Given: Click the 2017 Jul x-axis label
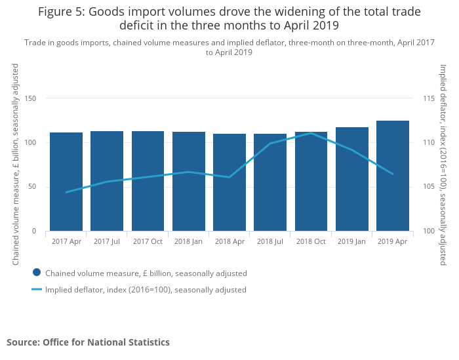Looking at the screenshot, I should point(107,241).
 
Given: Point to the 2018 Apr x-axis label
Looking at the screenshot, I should point(229,241).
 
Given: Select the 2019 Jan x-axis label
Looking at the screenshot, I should point(352,241).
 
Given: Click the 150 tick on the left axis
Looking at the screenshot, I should point(30,98).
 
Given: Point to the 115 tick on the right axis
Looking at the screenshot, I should point(429,98).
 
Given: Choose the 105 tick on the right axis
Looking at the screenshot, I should point(429,187).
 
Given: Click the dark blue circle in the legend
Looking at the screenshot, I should point(37,273).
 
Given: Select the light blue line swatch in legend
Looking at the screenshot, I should point(37,289).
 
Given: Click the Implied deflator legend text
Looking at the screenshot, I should point(146,290).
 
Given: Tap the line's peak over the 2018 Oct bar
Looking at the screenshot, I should point(311,133).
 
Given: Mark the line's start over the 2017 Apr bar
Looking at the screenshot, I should point(66,192).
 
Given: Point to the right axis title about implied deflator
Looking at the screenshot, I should point(443,164).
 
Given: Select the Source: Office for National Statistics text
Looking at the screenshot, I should point(88,342).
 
